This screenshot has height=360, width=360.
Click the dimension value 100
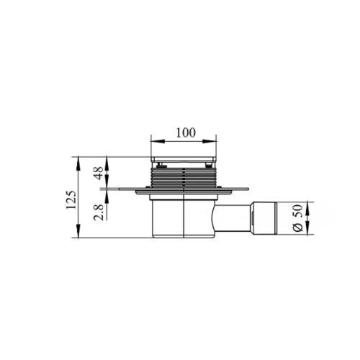point(186,132)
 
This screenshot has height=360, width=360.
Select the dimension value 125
point(71,199)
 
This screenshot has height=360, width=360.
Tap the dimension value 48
point(99,173)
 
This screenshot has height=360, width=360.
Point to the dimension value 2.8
point(99,212)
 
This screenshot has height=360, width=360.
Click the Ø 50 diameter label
point(298,218)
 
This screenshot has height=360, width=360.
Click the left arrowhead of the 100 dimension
point(156,141)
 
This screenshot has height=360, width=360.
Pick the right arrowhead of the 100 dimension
point(210,141)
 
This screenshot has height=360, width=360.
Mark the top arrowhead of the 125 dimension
point(78,163)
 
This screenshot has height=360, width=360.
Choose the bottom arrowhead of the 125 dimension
point(78,231)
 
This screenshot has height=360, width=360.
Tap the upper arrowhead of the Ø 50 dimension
point(308,208)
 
